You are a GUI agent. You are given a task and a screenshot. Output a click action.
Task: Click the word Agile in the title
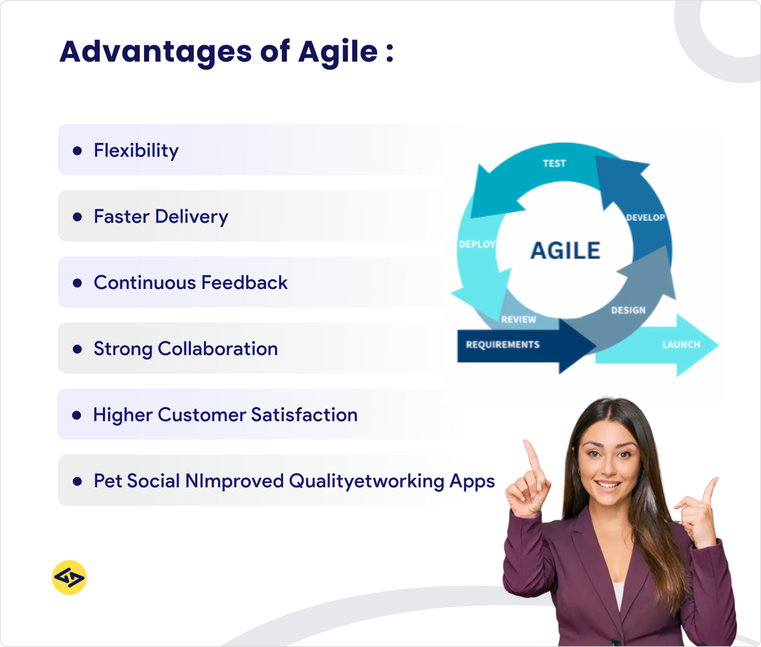click(x=338, y=52)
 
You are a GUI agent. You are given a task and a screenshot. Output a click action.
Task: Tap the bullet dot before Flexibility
click(x=77, y=150)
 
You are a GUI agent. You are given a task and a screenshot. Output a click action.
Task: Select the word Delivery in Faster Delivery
click(x=191, y=217)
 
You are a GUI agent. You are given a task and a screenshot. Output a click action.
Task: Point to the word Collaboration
click(x=218, y=349)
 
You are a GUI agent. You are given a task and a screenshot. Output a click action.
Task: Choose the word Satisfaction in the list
click(x=304, y=415)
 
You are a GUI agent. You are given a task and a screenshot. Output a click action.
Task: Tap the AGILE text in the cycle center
click(x=565, y=251)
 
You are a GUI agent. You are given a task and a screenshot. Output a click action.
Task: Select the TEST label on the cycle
click(x=554, y=163)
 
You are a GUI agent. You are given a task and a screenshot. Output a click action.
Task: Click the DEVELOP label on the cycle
click(x=645, y=218)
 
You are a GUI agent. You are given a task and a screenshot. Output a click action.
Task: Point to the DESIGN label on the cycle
click(x=628, y=311)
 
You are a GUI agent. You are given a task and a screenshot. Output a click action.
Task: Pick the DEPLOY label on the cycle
click(x=477, y=244)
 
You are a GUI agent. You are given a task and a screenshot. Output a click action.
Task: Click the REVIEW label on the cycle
click(x=518, y=320)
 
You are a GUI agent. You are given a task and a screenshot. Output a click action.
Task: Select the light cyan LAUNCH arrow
click(x=681, y=345)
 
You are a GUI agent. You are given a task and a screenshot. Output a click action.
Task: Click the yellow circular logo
click(x=70, y=577)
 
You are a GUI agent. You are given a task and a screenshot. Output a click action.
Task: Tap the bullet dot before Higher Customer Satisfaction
click(x=77, y=415)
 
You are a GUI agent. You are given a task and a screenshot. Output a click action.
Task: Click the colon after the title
click(x=389, y=53)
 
